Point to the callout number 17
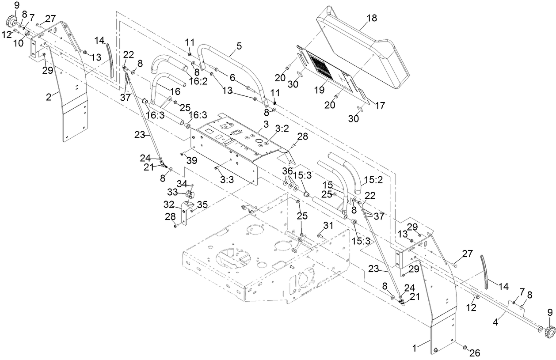click(379, 106)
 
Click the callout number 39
click(191, 161)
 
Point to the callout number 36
click(287, 170)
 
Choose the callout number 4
click(495, 322)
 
